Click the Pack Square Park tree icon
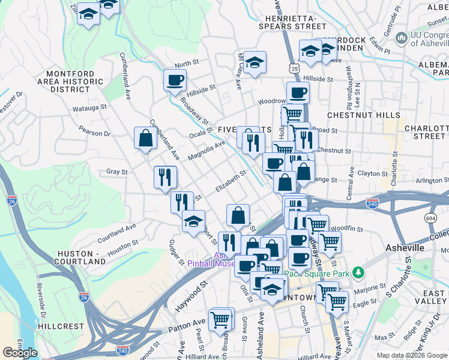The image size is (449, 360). [358, 273]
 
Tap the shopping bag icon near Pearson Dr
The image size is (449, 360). [145, 139]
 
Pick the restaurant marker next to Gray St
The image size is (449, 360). [165, 177]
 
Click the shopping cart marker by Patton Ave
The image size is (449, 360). [221, 319]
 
